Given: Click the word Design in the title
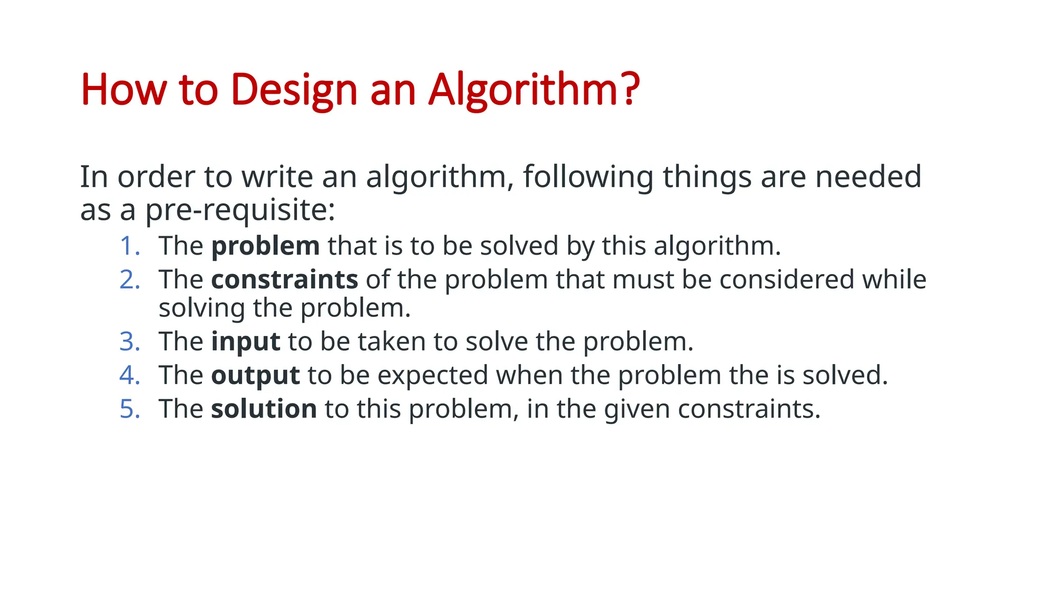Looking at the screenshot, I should (x=294, y=90).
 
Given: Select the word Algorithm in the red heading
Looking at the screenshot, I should (x=521, y=90).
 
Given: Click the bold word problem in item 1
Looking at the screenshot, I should (x=265, y=246).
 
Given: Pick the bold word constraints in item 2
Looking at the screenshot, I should (x=284, y=280).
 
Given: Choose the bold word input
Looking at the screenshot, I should (x=245, y=342).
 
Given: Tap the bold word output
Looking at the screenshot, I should (x=255, y=376).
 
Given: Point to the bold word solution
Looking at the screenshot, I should (x=264, y=409).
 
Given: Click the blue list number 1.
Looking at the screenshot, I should (x=128, y=246).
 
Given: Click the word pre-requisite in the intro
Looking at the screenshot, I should (x=239, y=210).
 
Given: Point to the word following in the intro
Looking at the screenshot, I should (x=588, y=177).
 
